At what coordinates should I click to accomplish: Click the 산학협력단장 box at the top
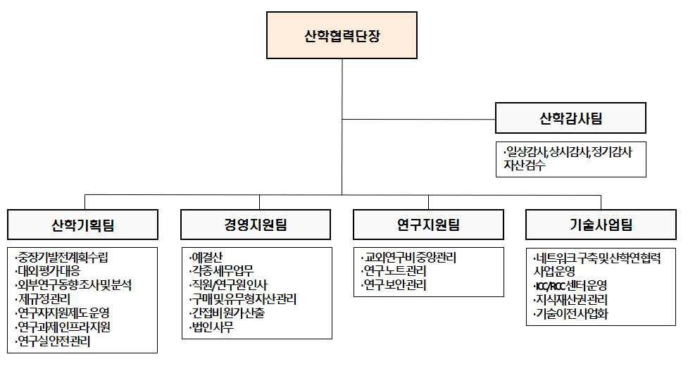click(342, 35)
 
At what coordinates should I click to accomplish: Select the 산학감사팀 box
click(570, 118)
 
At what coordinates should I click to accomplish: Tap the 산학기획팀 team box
click(82, 225)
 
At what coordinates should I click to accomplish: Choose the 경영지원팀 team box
click(256, 225)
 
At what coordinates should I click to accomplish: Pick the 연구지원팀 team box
click(428, 225)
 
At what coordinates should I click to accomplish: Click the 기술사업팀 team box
click(601, 225)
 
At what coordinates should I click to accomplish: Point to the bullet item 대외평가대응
click(48, 271)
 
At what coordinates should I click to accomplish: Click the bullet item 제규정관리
click(42, 299)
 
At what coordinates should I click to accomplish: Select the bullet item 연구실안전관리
click(53, 341)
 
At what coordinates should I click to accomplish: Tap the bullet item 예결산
click(206, 257)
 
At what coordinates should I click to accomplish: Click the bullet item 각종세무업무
click(221, 271)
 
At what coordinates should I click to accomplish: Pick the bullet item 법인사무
click(211, 327)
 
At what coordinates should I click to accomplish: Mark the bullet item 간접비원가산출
click(227, 313)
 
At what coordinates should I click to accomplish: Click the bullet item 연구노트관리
click(394, 271)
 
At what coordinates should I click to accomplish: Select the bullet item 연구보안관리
click(394, 285)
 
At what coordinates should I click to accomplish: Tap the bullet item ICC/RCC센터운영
click(570, 286)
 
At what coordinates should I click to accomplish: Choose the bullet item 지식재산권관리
click(570, 300)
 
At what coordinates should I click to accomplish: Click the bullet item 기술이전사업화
click(570, 314)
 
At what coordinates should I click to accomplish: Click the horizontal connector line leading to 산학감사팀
click(418, 119)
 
